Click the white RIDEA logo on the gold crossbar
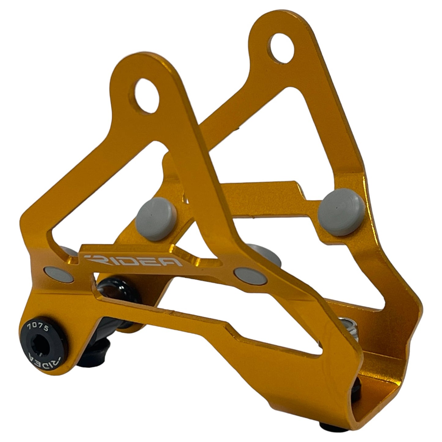(133, 261)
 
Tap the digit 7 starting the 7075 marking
(29, 325)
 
